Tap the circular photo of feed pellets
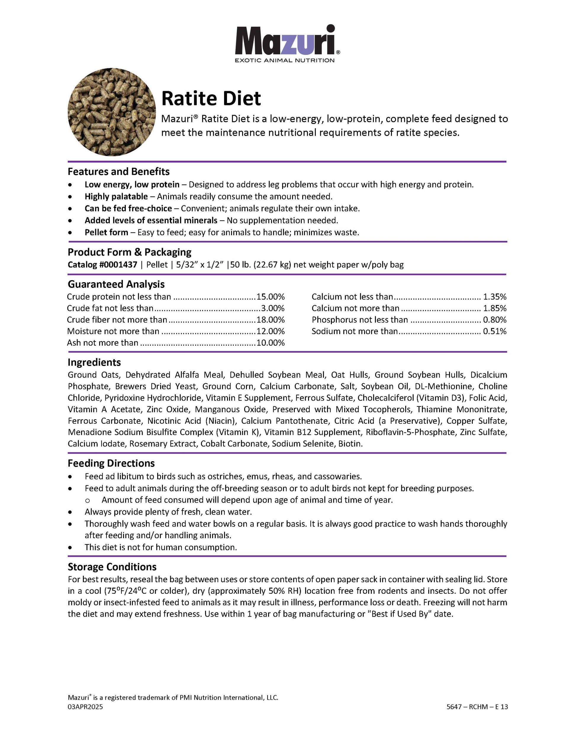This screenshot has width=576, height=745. [x=112, y=112]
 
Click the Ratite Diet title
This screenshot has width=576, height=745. [x=211, y=98]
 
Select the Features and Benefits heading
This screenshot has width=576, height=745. [x=118, y=171]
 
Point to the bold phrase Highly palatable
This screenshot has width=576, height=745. [x=116, y=196]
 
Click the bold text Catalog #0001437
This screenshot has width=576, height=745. [x=102, y=265]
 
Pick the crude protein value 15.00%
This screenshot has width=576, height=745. [x=271, y=297]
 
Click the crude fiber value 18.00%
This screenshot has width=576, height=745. [x=271, y=320]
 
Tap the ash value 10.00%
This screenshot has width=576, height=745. [x=271, y=343]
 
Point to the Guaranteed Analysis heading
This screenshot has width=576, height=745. [x=116, y=284]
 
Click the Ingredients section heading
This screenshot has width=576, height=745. [x=94, y=362]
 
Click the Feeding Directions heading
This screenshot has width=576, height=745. [x=111, y=463]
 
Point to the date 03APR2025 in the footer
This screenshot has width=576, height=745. [x=85, y=707]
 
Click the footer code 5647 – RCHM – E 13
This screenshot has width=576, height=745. [x=477, y=707]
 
